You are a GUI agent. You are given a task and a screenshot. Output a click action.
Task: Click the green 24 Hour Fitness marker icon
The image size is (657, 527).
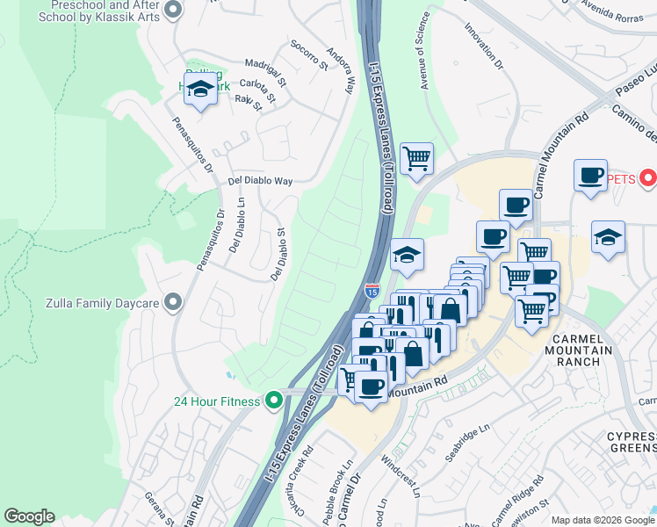click(x=274, y=401)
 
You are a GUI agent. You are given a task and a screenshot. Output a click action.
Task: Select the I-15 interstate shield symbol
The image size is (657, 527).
click(x=372, y=289)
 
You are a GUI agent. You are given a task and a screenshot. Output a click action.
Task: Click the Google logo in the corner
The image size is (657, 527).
click(x=29, y=516)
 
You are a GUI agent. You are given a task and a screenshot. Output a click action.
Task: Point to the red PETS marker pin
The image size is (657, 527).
click(x=648, y=179)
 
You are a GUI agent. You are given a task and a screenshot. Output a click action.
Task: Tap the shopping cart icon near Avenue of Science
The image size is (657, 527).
click(x=416, y=159)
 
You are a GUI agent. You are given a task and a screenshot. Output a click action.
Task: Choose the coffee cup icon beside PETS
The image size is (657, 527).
click(x=590, y=174)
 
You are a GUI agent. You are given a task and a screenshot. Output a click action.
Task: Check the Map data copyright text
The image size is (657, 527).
click(x=603, y=520)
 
